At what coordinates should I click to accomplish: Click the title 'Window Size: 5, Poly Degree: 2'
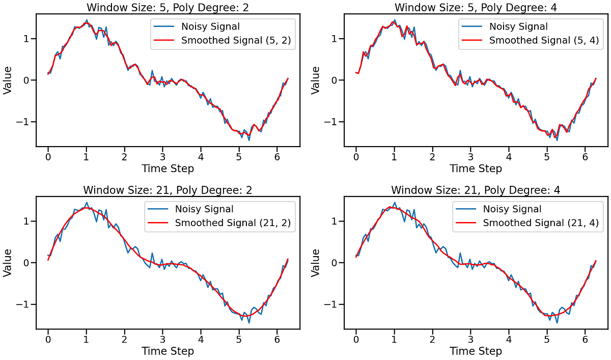coord(168,7)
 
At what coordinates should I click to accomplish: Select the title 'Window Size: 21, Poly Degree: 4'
coord(476,190)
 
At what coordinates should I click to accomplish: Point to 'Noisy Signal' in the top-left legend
coord(211,26)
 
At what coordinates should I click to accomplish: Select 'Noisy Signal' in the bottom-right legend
coord(512,209)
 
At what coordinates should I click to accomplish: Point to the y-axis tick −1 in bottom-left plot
coord(24,304)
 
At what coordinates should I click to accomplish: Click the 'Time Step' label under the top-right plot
coord(476,169)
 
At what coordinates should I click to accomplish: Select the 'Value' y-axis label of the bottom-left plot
coord(8,263)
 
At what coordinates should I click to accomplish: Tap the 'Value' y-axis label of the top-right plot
coord(316,80)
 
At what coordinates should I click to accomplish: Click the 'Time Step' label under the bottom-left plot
coord(168,351)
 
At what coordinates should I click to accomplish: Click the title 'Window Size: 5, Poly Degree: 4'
coord(476,7)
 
